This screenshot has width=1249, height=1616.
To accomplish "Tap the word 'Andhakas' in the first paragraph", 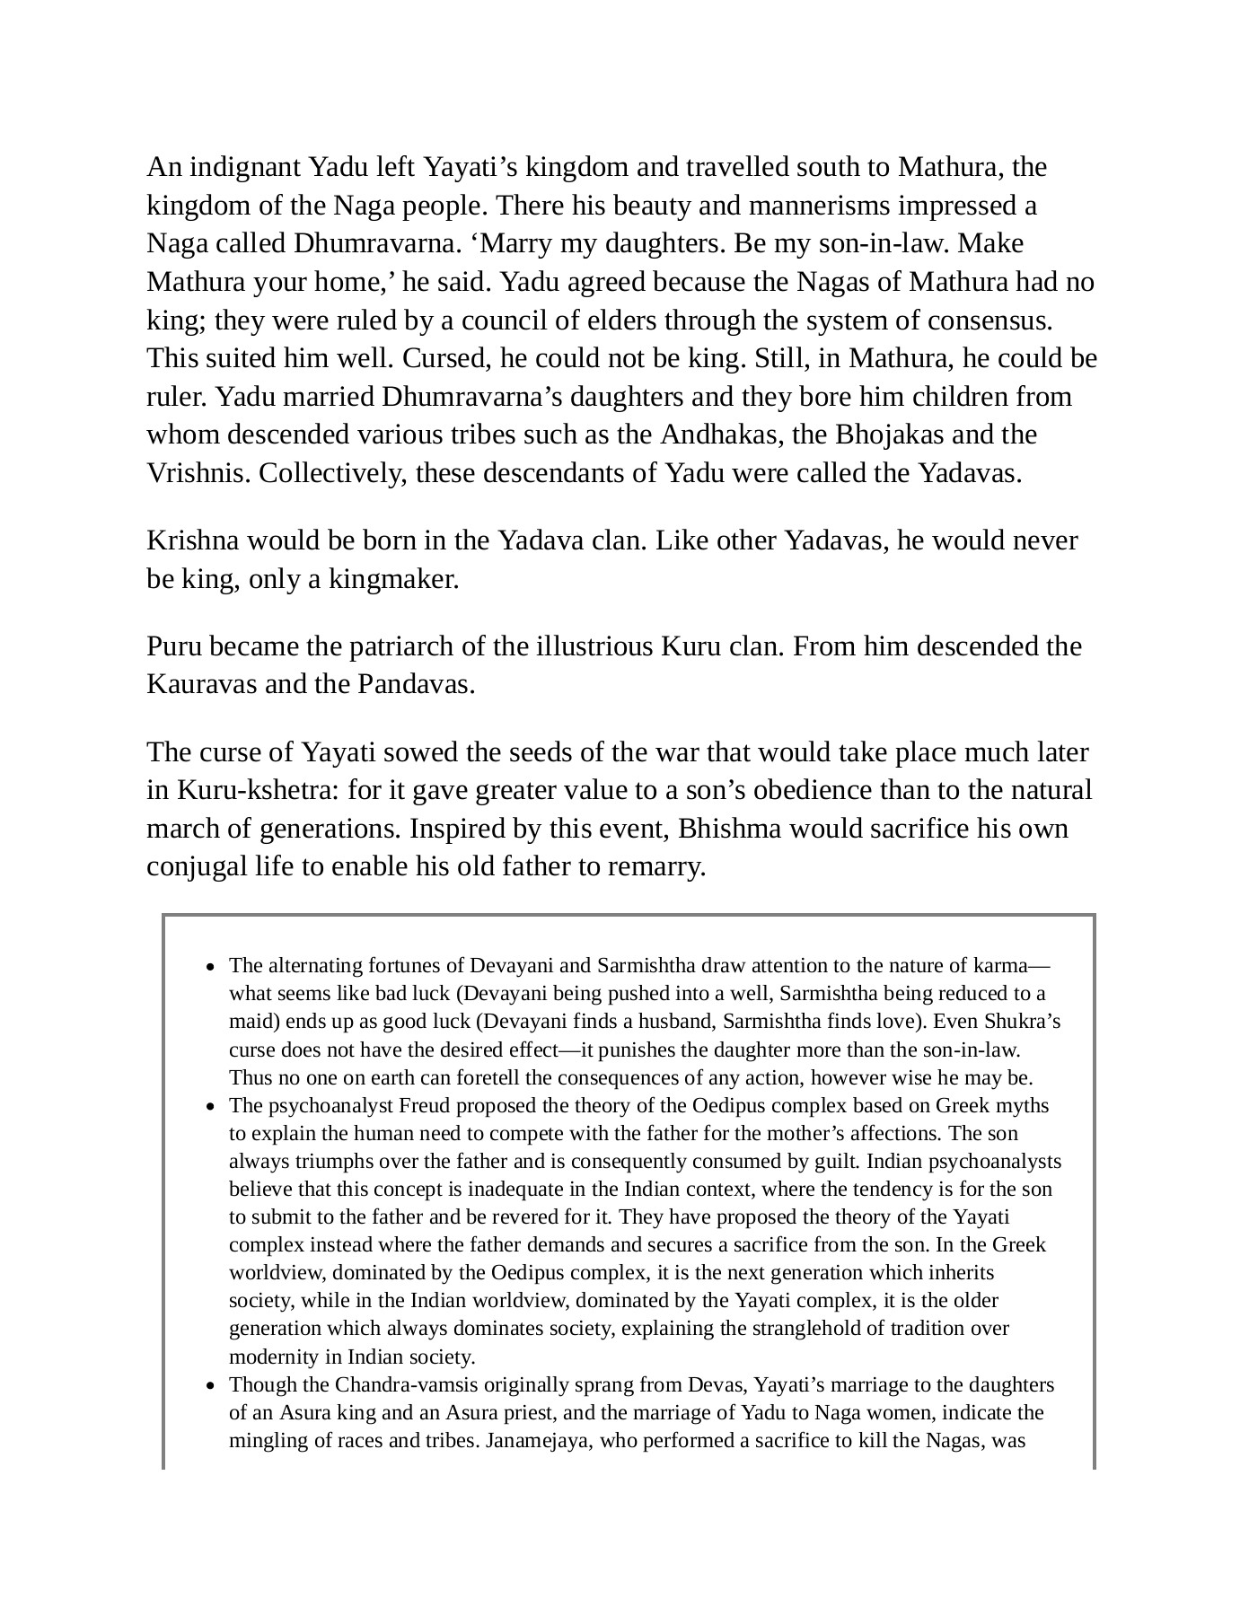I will coord(721,435).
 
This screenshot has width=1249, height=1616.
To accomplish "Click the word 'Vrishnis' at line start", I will coord(197,473).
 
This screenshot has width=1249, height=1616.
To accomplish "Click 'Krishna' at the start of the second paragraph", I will coord(192,541).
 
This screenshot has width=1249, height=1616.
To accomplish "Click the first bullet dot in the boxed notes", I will coord(210,968).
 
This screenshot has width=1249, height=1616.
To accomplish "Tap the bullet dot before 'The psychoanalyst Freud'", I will coord(210,1108).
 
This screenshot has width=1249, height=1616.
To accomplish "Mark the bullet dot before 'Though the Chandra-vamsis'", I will coord(210,1387).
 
